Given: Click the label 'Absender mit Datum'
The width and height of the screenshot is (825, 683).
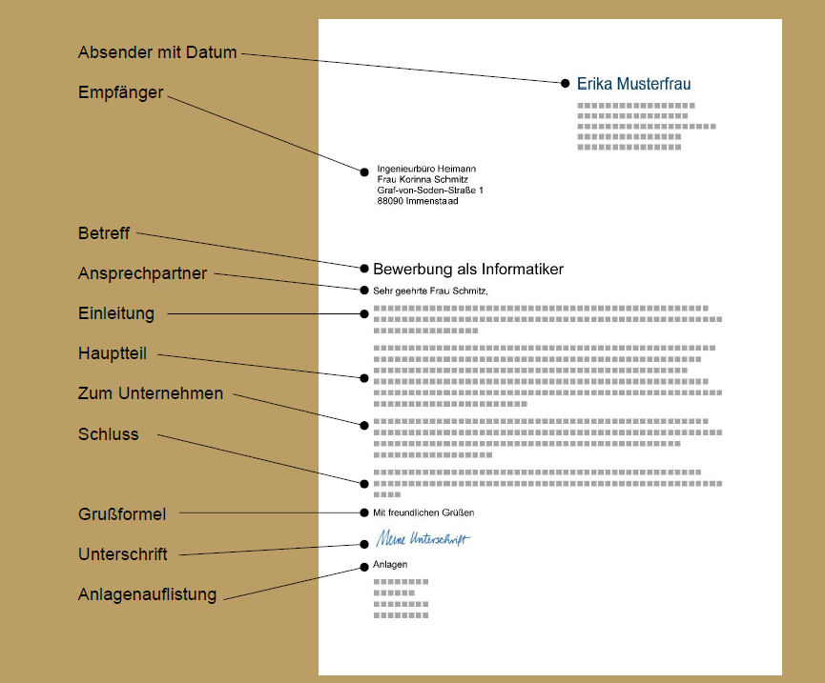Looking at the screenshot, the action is tap(157, 52).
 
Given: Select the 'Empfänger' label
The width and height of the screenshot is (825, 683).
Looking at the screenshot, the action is tap(120, 92).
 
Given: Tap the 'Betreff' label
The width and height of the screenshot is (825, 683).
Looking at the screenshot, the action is tap(104, 233).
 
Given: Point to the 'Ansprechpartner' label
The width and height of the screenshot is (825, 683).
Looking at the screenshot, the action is tap(142, 273).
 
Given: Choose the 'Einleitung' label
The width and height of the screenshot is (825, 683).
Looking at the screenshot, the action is tap(116, 313).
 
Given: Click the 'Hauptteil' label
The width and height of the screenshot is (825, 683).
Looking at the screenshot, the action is tap(113, 353).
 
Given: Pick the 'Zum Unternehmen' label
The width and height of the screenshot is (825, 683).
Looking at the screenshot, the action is tap(151, 393).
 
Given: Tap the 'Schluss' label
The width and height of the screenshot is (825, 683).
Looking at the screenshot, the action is tap(109, 434).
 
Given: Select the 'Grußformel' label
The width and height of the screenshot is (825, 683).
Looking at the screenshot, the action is tap(122, 514).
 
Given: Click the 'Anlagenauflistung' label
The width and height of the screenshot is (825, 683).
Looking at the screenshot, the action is tap(147, 594).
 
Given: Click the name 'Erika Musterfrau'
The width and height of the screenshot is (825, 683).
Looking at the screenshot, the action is tap(633, 84).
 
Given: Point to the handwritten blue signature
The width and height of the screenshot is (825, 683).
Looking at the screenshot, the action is tap(423, 538).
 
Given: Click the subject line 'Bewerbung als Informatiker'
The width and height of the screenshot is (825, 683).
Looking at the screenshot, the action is tap(468, 270).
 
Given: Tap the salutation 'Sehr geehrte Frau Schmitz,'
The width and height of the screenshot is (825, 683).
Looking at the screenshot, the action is tap(430, 291).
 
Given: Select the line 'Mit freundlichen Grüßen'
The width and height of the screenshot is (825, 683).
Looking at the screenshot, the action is tap(423, 512).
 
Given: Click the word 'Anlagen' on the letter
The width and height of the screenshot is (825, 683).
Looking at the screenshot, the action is tap(390, 565).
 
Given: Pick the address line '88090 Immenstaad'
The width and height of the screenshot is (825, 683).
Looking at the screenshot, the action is tap(418, 201).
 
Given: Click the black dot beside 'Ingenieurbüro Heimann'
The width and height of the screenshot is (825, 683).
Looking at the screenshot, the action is tap(364, 171).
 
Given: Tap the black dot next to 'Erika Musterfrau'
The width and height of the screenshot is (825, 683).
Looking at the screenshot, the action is tap(565, 84).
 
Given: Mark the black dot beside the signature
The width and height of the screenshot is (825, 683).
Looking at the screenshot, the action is tap(364, 544).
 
